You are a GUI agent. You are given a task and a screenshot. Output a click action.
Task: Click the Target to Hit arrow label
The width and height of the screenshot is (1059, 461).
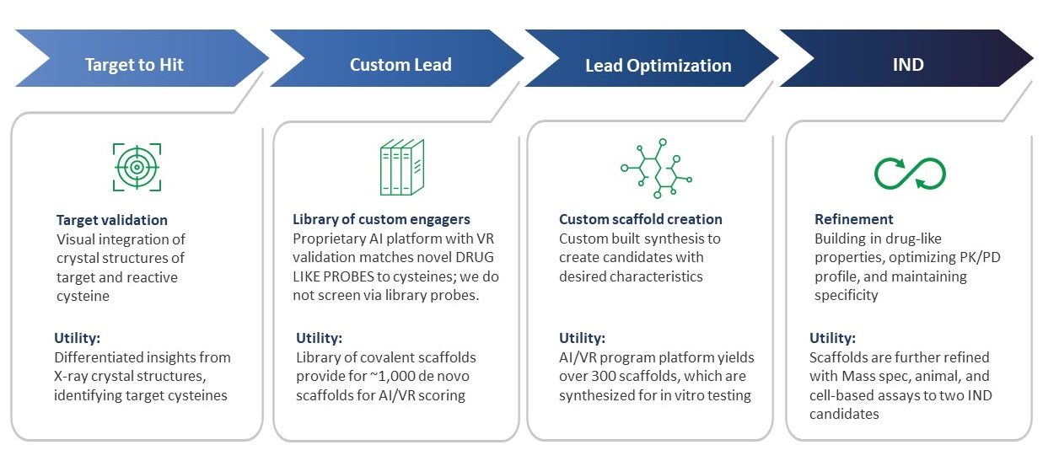coord(134,65)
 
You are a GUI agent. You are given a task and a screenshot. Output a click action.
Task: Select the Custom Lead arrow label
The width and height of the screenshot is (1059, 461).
coord(400,65)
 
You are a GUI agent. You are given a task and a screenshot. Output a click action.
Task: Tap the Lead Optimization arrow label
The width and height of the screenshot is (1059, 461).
coord(659,66)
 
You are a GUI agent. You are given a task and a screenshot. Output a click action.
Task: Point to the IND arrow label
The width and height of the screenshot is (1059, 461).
coord(909,65)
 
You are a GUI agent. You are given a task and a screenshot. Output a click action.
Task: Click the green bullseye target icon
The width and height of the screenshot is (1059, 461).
coord(136,166)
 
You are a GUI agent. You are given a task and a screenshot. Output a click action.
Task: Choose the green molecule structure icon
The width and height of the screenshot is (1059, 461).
coord(656,166)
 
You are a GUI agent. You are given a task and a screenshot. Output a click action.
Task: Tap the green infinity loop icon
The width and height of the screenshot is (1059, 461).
coord(910,173)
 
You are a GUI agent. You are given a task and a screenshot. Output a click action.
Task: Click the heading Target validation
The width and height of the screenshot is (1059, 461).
coord(112,220)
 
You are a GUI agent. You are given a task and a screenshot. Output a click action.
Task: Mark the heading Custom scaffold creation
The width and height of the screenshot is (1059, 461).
coord(641,220)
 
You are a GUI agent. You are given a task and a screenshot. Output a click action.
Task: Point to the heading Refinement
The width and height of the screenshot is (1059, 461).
coord(854,220)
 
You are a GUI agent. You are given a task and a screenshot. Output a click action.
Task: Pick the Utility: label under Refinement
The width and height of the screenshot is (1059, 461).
coord(833,338)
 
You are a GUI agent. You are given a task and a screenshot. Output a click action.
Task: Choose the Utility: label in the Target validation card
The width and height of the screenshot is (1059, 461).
coord(78,338)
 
